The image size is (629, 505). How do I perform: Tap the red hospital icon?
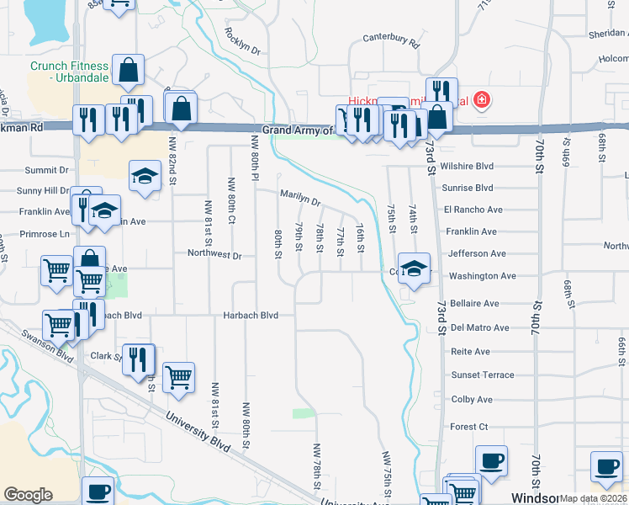click(x=481, y=101)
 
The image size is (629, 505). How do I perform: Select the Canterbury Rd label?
click(x=391, y=39)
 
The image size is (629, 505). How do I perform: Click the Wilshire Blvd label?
click(x=472, y=167)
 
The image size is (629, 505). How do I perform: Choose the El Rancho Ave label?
click(x=473, y=210)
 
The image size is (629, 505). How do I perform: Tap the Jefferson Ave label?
click(x=478, y=253)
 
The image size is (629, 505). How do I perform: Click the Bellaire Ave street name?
click(x=475, y=303)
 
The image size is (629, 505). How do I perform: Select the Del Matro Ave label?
click(x=480, y=327)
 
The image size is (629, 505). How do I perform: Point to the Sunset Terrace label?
click(x=482, y=375)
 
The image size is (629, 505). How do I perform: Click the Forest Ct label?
click(x=469, y=427)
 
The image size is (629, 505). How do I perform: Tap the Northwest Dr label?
click(x=214, y=255)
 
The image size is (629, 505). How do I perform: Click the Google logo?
click(x=28, y=495)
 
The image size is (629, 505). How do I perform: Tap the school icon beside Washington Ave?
click(x=414, y=269)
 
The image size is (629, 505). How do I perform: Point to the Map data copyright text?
click(x=594, y=498)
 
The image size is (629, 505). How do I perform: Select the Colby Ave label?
click(x=472, y=400)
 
